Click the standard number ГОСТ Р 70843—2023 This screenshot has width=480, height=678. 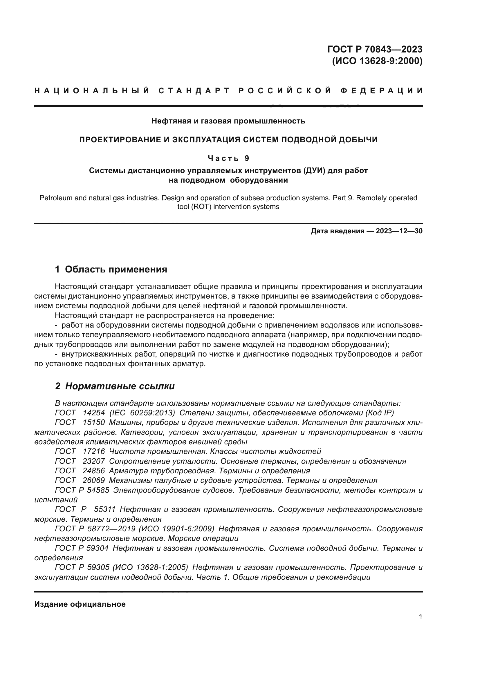pos(375,49)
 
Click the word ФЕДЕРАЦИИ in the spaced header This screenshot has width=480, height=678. pos(382,91)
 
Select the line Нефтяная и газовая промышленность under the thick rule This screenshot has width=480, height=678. pos(228,121)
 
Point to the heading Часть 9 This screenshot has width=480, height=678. pos(228,159)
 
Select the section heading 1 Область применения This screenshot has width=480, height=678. pos(111,269)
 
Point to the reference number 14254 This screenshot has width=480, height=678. pos(94,413)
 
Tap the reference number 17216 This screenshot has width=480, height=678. pos(94,452)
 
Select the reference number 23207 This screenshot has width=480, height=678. pos(94,461)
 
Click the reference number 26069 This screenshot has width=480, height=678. pos(94,480)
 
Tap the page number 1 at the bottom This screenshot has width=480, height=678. pos(421,617)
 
